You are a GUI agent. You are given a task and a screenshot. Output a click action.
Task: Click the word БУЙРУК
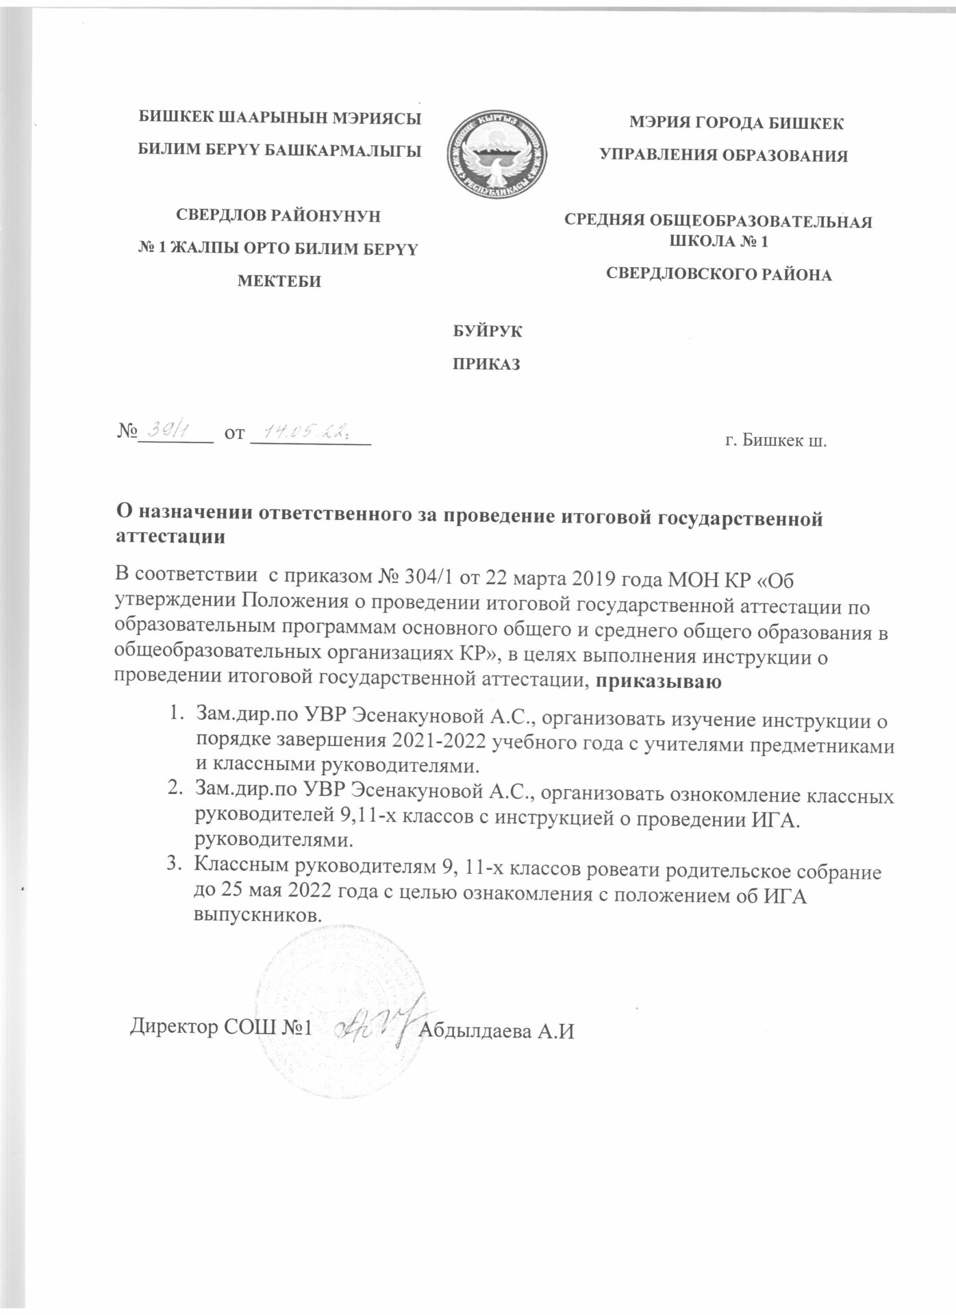(488, 331)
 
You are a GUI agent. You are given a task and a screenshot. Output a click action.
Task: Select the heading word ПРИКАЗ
(488, 364)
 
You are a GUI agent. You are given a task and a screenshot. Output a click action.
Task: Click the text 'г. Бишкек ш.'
(776, 439)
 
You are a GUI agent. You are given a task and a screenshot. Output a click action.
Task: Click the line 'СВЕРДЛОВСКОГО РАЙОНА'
(720, 275)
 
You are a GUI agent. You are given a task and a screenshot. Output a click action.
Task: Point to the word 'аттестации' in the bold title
(168, 538)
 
